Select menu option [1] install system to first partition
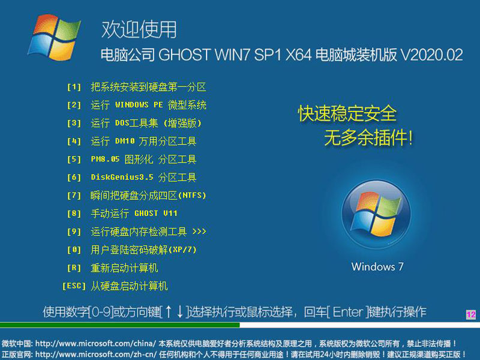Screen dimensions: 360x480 pos(148,87)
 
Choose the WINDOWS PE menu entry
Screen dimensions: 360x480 pos(148,105)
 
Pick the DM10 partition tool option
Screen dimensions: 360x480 pos(143,142)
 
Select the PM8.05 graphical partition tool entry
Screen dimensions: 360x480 pos(143,160)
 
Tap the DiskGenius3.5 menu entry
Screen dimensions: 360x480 pos(143,178)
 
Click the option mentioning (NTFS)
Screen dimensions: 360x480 pos(148,196)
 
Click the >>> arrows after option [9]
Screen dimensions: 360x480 pos(199,232)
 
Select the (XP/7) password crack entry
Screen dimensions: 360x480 pos(143,250)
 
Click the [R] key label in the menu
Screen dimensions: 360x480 pos(74,268)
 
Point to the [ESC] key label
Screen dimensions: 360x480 pos(74,286)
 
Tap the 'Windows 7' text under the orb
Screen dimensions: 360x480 pos(377,266)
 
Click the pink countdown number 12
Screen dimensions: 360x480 pos(470,314)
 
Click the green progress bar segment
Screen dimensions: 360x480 pos(120,325)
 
